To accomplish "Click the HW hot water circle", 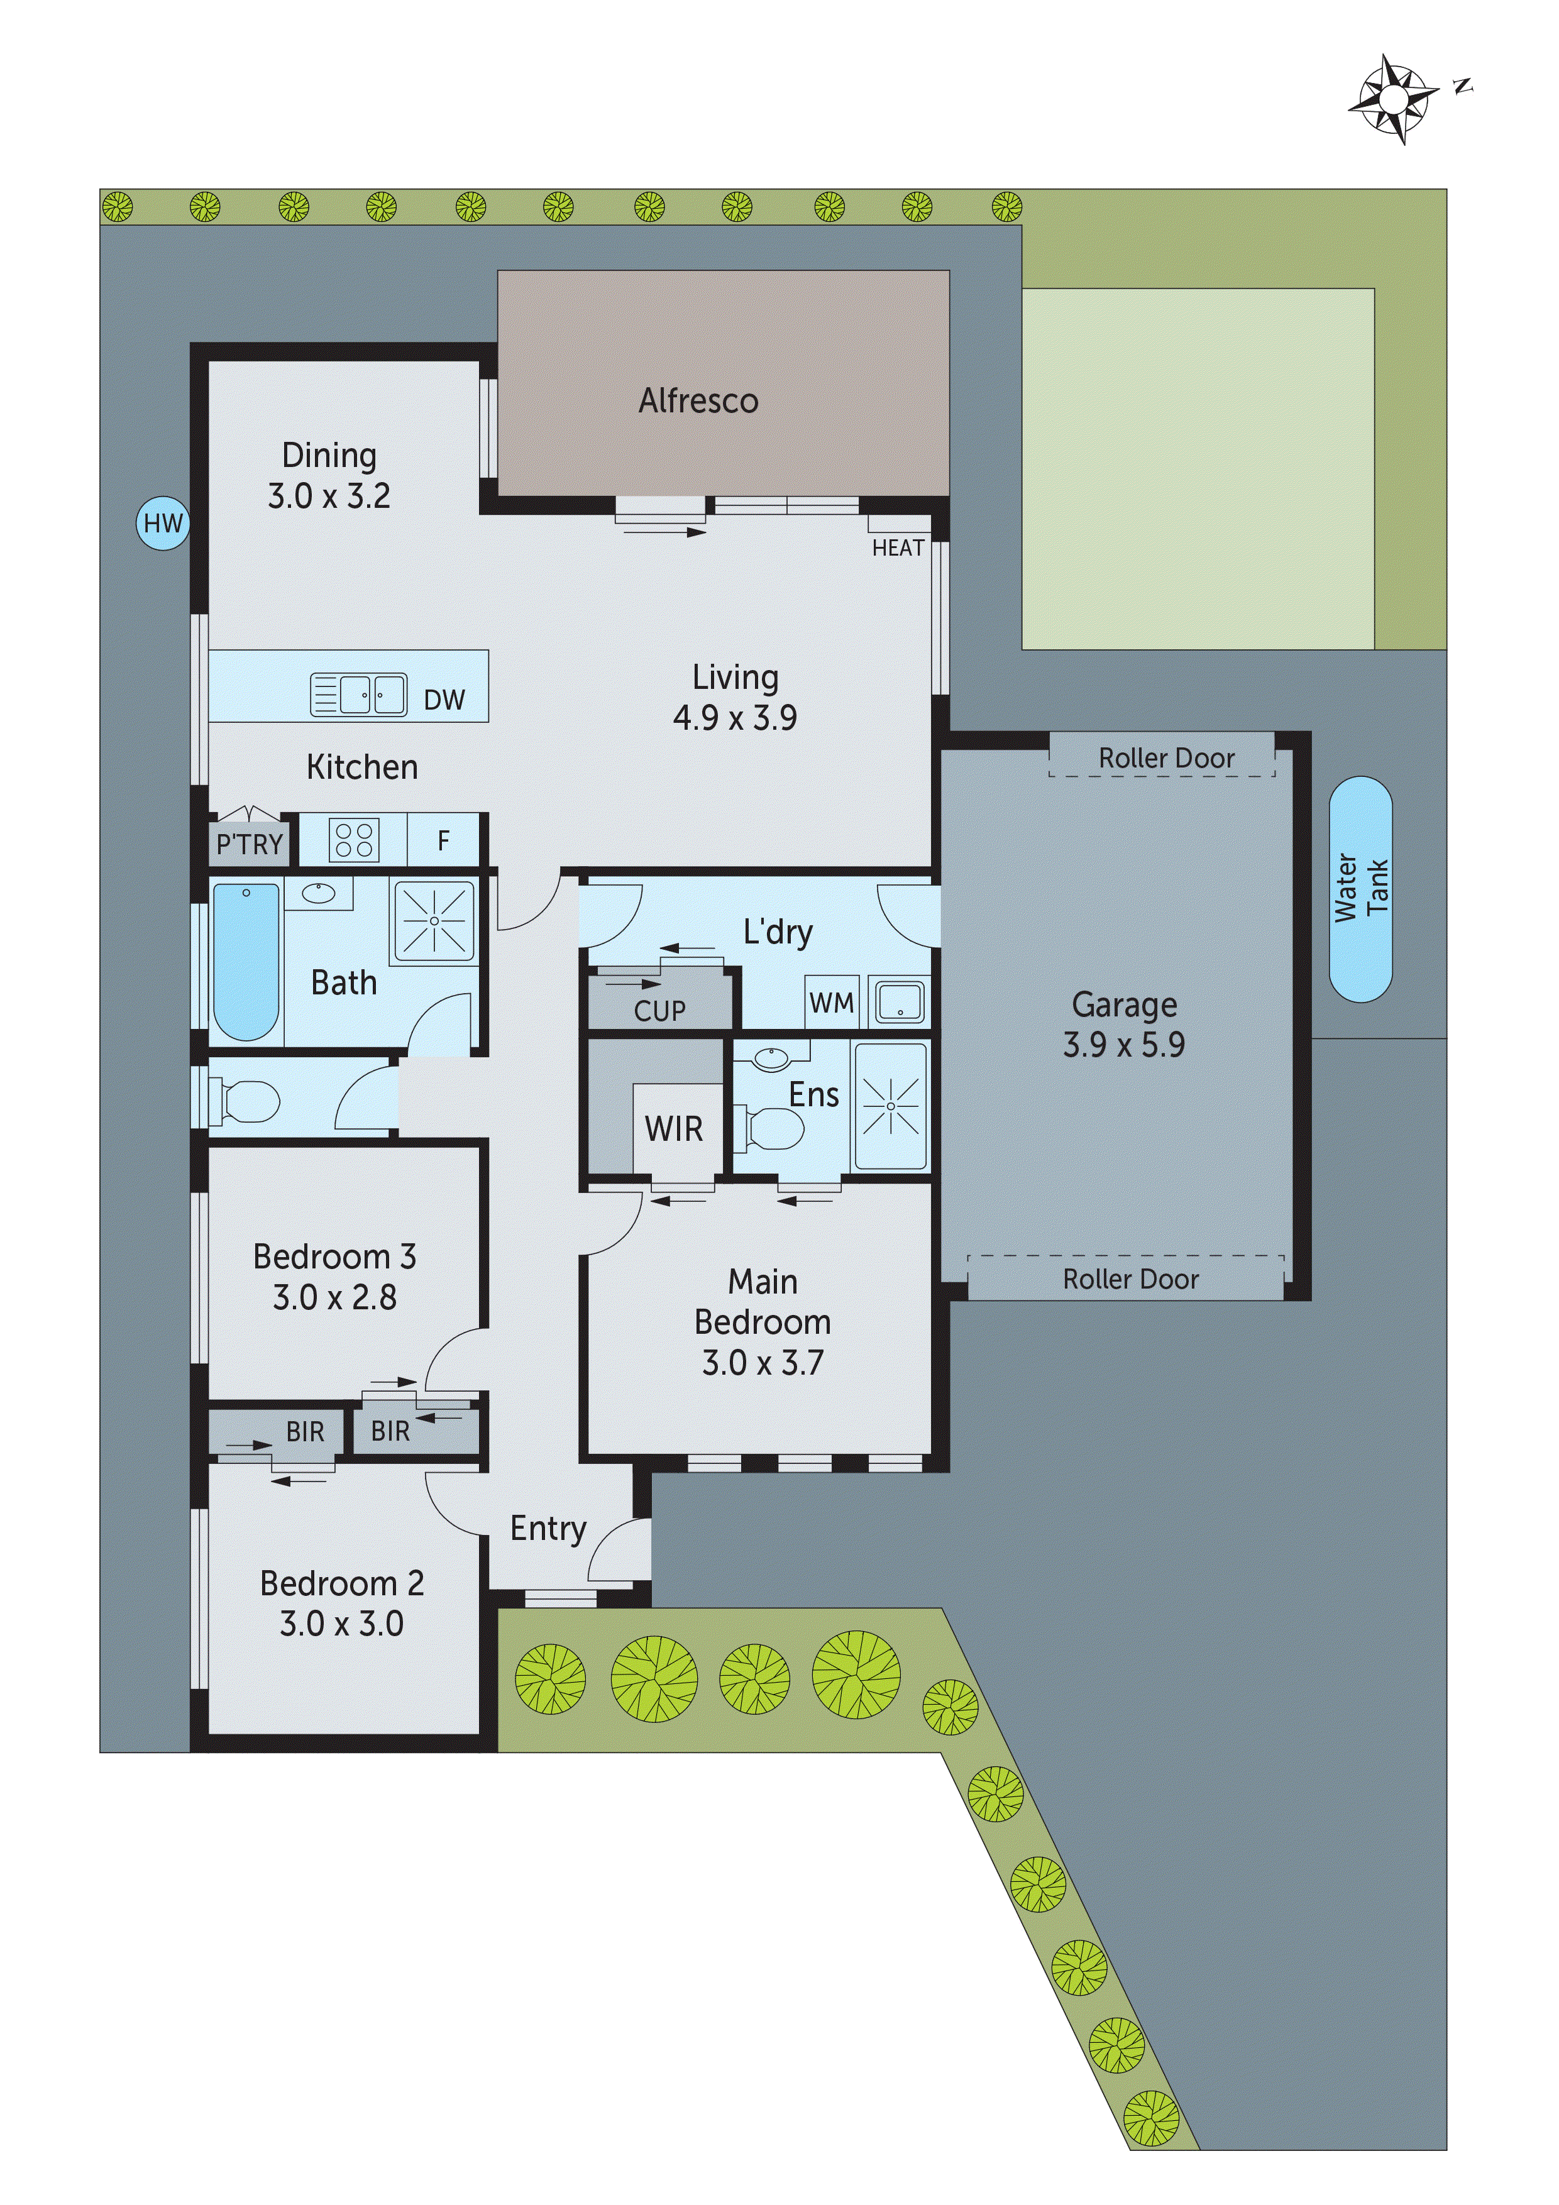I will [162, 524].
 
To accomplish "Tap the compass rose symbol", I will [1393, 98].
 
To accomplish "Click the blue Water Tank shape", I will [1360, 889].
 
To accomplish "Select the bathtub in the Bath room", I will [246, 961].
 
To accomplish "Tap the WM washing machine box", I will [831, 1003].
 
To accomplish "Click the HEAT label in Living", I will [897, 548].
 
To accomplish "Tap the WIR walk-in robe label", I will [673, 1128].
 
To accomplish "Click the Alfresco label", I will [698, 400].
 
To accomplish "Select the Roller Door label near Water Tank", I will [1166, 757].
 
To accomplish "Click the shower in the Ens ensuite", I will [890, 1106].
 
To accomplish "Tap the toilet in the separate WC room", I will [246, 1101].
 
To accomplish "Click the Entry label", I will [548, 1528].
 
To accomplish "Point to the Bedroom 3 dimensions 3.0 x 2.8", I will [334, 1297].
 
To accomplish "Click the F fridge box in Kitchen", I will [443, 840].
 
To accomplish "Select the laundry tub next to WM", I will [899, 1002].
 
